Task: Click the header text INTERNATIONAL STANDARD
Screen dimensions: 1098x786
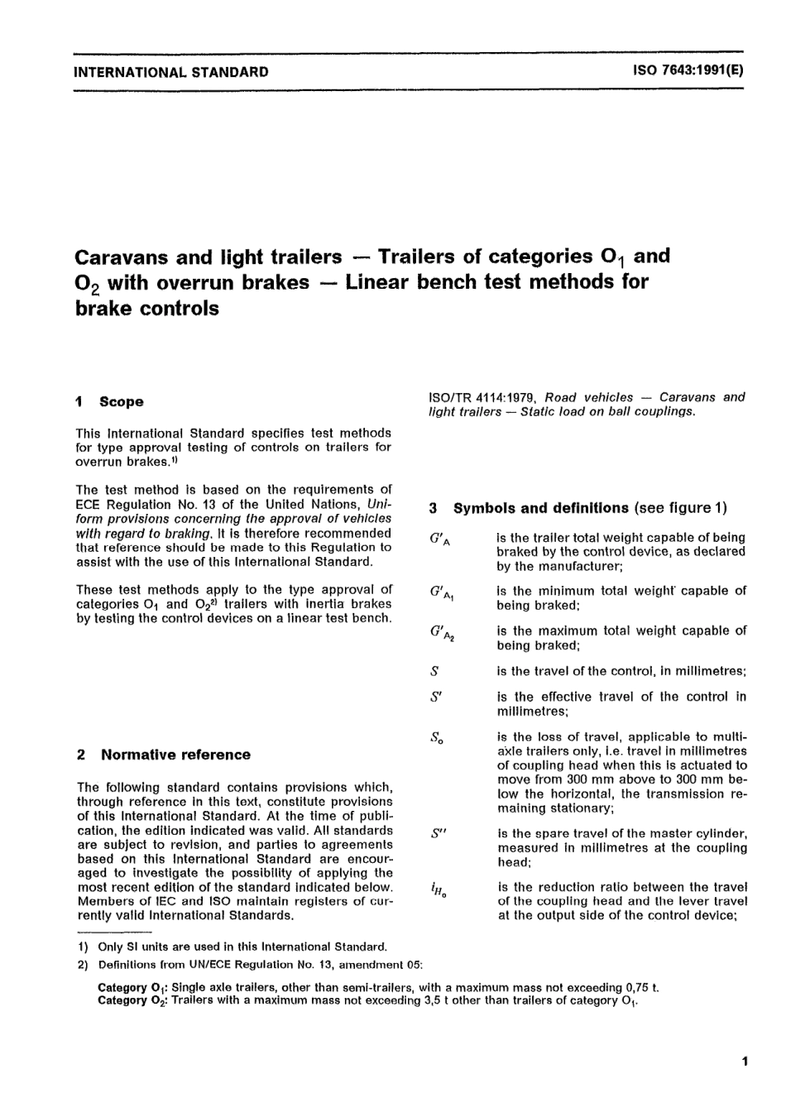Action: click(171, 72)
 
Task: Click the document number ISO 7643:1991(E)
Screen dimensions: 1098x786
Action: click(688, 71)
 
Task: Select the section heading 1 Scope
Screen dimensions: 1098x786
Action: click(110, 402)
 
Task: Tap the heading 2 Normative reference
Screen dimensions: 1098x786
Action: click(164, 755)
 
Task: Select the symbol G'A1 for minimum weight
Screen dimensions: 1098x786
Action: click(442, 594)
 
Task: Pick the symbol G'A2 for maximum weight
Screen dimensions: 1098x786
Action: click(442, 634)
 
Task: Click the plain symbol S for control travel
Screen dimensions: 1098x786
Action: click(435, 671)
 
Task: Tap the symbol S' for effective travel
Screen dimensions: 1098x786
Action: click(437, 698)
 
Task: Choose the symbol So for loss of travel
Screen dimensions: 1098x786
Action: click(438, 738)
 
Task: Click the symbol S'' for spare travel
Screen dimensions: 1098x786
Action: click(439, 835)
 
